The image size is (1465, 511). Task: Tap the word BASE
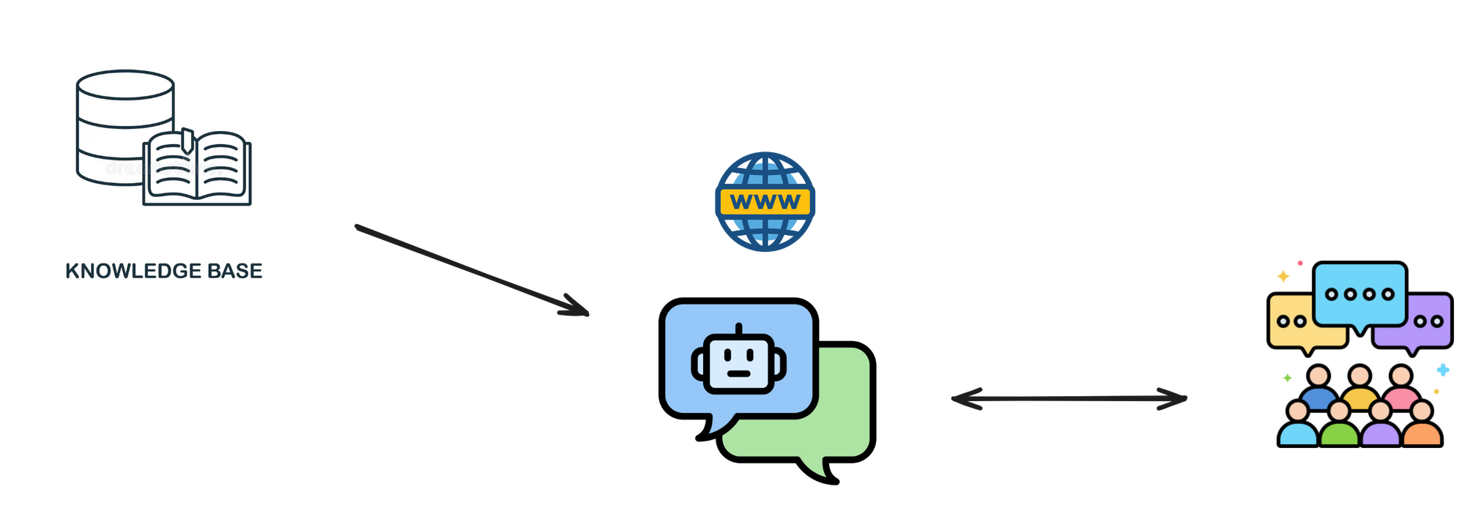(234, 271)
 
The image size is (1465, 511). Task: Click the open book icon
(197, 168)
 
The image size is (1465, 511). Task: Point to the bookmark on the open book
(187, 139)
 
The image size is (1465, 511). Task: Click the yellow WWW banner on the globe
(765, 201)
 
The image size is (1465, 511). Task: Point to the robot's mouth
(739, 373)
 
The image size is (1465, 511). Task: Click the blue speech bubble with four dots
(1360, 295)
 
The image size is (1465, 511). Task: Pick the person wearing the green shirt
(1339, 428)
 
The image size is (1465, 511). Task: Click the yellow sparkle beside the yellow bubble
(1283, 276)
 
